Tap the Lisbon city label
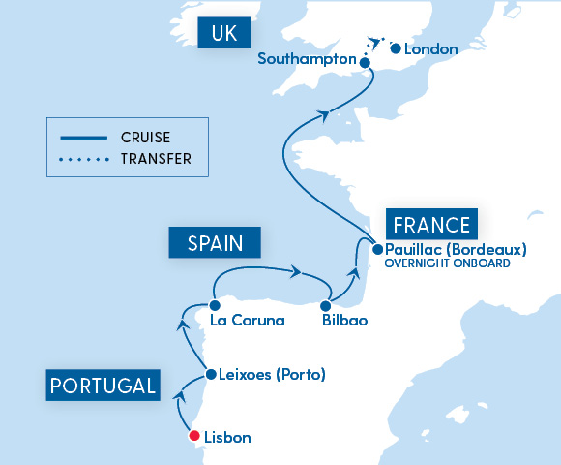coord(228,438)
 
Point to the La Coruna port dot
coord(214,304)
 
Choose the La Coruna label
coord(247,321)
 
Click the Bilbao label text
coord(344,321)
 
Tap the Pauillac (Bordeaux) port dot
coord(377,249)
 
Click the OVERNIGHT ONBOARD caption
coord(447,263)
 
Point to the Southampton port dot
coord(365,63)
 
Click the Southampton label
coord(308,59)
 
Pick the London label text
coord(430,48)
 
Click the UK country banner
coord(223,35)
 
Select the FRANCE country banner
coord(431,226)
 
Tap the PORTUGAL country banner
coord(103,385)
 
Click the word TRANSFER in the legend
coord(156,158)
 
